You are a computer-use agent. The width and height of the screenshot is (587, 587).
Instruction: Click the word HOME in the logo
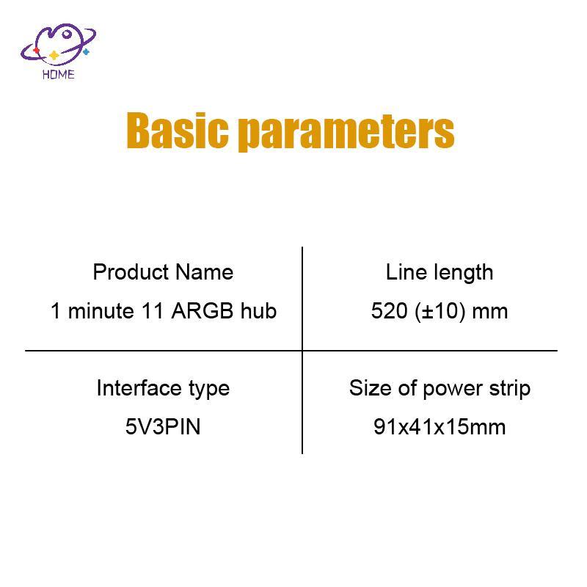pyautogui.click(x=59, y=74)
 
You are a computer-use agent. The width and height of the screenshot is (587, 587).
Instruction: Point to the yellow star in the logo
pyautogui.click(x=53, y=55)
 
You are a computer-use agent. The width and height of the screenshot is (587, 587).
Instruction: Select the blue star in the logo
pyautogui.click(x=86, y=52)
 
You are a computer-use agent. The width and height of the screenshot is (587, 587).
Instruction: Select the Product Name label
pyautogui.click(x=163, y=272)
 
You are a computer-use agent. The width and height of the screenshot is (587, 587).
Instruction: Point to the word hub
pyautogui.click(x=258, y=311)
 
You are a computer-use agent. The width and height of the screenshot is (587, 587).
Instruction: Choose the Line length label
pyautogui.click(x=440, y=272)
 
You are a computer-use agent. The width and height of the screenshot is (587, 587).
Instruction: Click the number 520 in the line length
pyautogui.click(x=385, y=311)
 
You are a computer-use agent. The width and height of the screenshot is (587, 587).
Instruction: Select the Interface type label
pyautogui.click(x=163, y=388)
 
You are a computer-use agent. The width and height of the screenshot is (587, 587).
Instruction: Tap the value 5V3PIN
pyautogui.click(x=163, y=426)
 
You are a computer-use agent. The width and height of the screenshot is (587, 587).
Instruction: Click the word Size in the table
pyautogui.click(x=365, y=388)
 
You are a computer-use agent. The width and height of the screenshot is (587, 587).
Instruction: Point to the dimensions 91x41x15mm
pyautogui.click(x=440, y=426)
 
